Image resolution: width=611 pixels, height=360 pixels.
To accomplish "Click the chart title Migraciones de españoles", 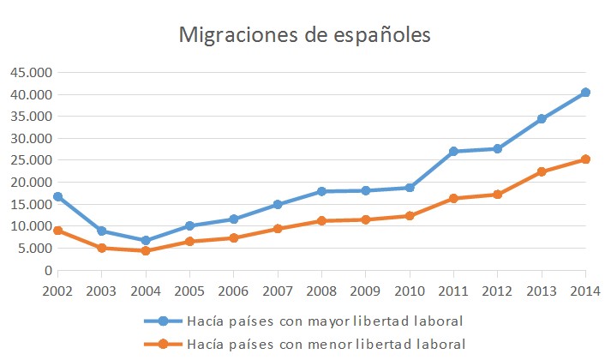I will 304,35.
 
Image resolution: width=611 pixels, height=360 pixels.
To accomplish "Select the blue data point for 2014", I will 585,93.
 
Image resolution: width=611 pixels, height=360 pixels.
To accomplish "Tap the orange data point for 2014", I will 585,159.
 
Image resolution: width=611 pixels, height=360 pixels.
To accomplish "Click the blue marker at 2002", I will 57,196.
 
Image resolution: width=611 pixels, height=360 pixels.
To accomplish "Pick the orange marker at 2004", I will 146,250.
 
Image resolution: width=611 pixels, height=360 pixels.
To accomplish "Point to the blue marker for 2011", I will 453,152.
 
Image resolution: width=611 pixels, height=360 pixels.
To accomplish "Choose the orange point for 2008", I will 321,220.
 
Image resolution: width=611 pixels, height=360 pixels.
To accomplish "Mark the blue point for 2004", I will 146,241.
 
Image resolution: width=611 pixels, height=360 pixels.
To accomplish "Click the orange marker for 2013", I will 542,171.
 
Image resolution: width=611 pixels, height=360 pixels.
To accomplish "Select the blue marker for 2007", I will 278,204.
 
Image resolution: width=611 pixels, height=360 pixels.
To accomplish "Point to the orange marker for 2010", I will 410,215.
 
